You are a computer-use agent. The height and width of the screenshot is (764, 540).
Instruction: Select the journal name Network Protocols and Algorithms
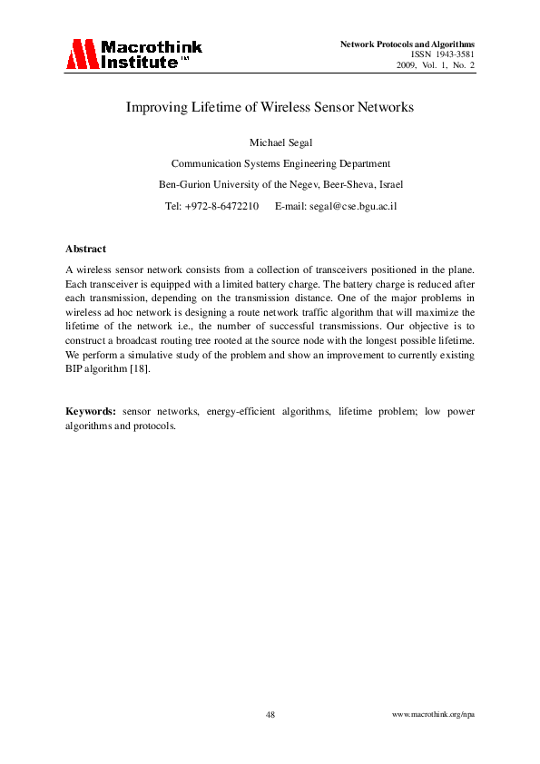[x=407, y=44]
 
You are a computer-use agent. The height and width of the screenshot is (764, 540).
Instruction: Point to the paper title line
[x=270, y=107]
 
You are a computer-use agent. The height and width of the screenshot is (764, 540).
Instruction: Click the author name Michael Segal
[x=270, y=142]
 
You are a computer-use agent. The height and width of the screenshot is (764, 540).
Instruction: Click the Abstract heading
[x=85, y=249]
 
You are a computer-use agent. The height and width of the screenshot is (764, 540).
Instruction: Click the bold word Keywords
[x=90, y=411]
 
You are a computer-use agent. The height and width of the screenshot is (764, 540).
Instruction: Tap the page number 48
[x=270, y=715]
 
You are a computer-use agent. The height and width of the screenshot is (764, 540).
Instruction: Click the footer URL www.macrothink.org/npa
[x=433, y=715]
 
